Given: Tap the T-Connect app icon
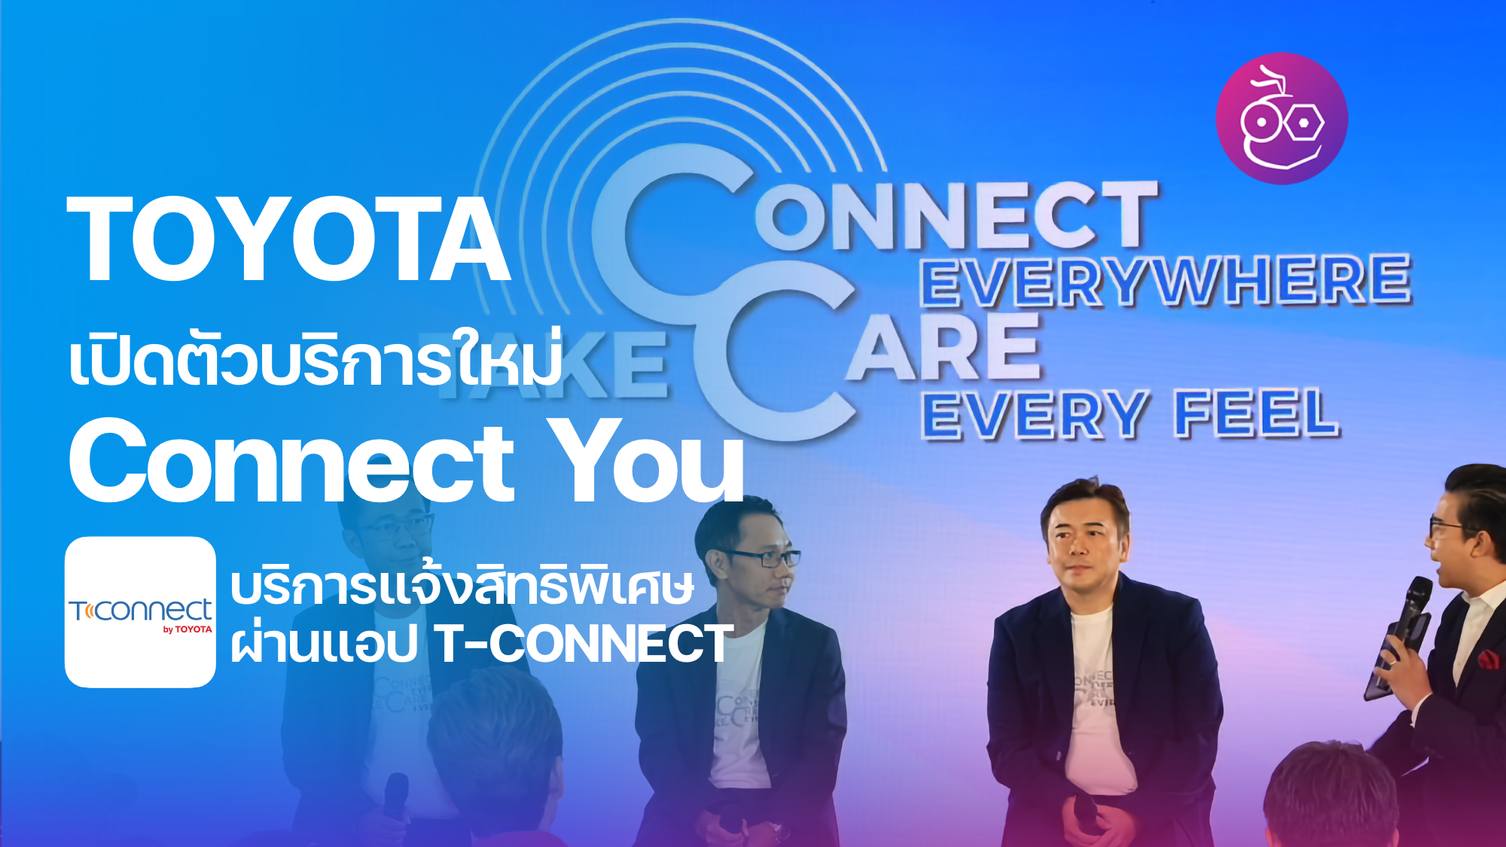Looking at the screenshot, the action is tap(140, 612).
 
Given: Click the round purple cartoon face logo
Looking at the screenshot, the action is tap(1282, 118).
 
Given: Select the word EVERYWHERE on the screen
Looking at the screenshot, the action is tap(1166, 280).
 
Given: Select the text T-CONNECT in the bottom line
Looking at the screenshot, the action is tap(584, 644).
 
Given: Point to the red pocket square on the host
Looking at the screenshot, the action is tap(1488, 660).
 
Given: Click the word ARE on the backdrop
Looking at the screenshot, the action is tap(945, 348).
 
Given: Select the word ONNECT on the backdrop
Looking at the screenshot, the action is tap(956, 215).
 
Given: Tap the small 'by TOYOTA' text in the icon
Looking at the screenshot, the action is tap(187, 629).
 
